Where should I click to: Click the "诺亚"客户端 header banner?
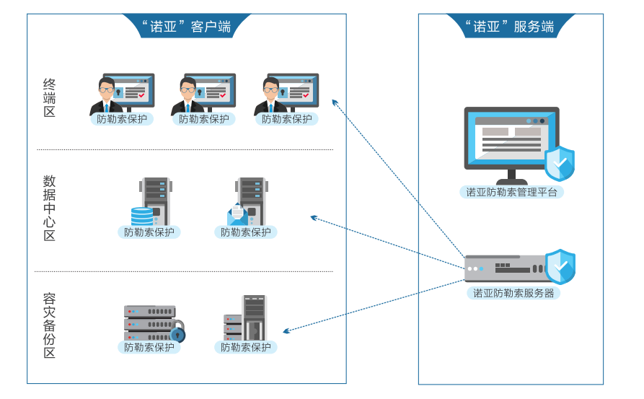(187, 27)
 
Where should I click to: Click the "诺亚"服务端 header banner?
(510, 27)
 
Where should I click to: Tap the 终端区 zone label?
(49, 98)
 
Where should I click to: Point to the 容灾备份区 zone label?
(49, 325)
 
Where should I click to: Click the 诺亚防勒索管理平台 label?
(511, 192)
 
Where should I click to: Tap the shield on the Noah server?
(560, 266)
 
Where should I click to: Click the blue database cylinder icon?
(142, 216)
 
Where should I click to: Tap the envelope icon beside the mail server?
(237, 214)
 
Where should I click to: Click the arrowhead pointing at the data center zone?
(314, 216)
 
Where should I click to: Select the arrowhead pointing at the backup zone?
(286, 331)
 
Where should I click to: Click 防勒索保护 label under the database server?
(149, 232)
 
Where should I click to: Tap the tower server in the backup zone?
(254, 317)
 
